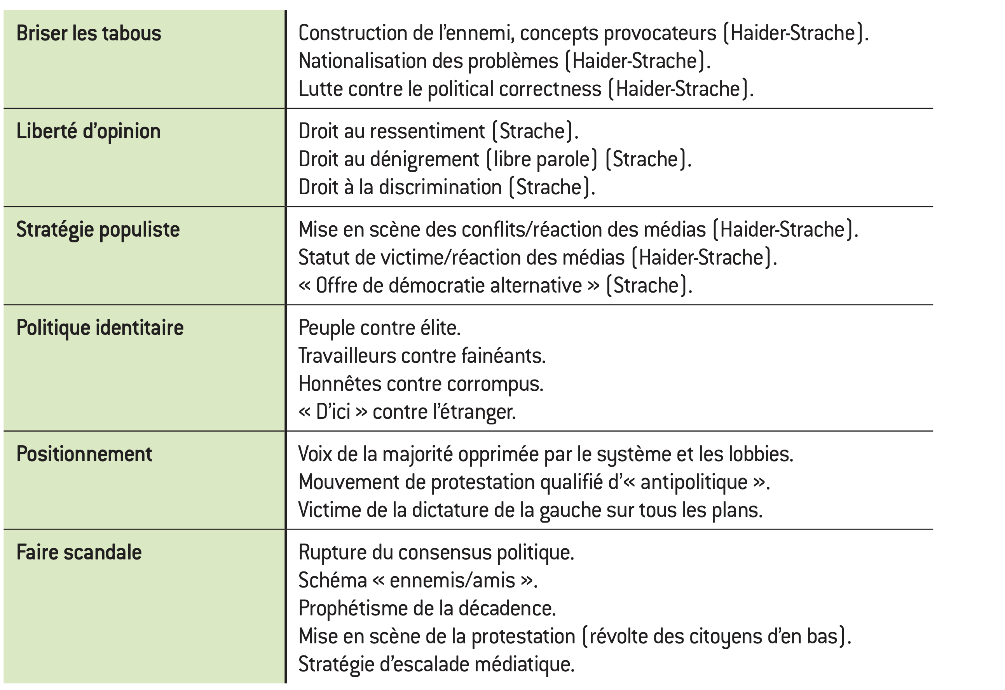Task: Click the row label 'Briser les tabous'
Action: pyautogui.click(x=89, y=34)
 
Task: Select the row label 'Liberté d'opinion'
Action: pyautogui.click(x=88, y=132)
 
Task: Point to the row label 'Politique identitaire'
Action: pyautogui.click(x=100, y=328)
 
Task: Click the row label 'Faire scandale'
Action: pyautogui.click(x=79, y=552)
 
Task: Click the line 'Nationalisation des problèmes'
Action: pyautogui.click(x=428, y=61)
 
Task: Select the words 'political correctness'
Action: pyautogui.click(x=514, y=89)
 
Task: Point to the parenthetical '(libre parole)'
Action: pyautogui.click(x=542, y=160)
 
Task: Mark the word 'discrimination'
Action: pyautogui.click(x=440, y=188)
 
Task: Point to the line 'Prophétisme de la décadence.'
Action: pyautogui.click(x=427, y=609)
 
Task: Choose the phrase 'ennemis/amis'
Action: pyautogui.click(x=452, y=580)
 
